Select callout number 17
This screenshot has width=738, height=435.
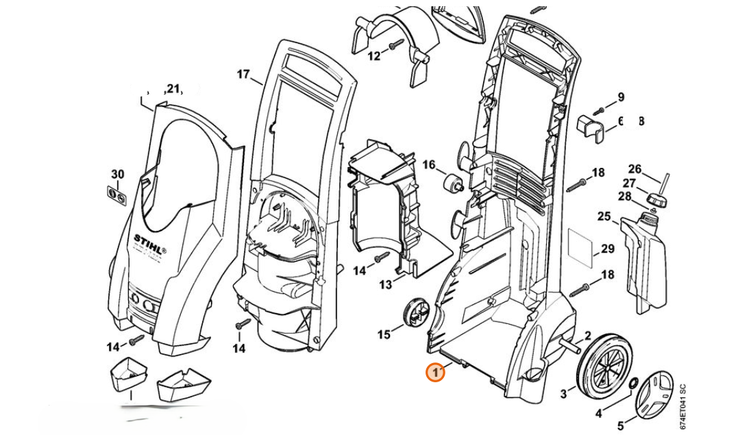(244, 74)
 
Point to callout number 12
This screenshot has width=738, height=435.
(373, 55)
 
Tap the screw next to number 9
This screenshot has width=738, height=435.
(599, 109)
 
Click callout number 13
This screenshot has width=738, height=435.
(385, 284)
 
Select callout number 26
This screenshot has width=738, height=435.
(635, 169)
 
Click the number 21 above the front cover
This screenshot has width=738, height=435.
(172, 88)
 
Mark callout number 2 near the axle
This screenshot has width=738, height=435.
(587, 336)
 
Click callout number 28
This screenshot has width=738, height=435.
(624, 196)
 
